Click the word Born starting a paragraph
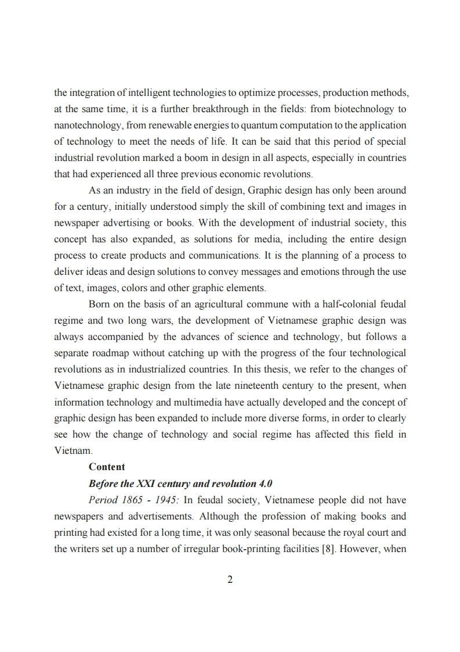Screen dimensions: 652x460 99,304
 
